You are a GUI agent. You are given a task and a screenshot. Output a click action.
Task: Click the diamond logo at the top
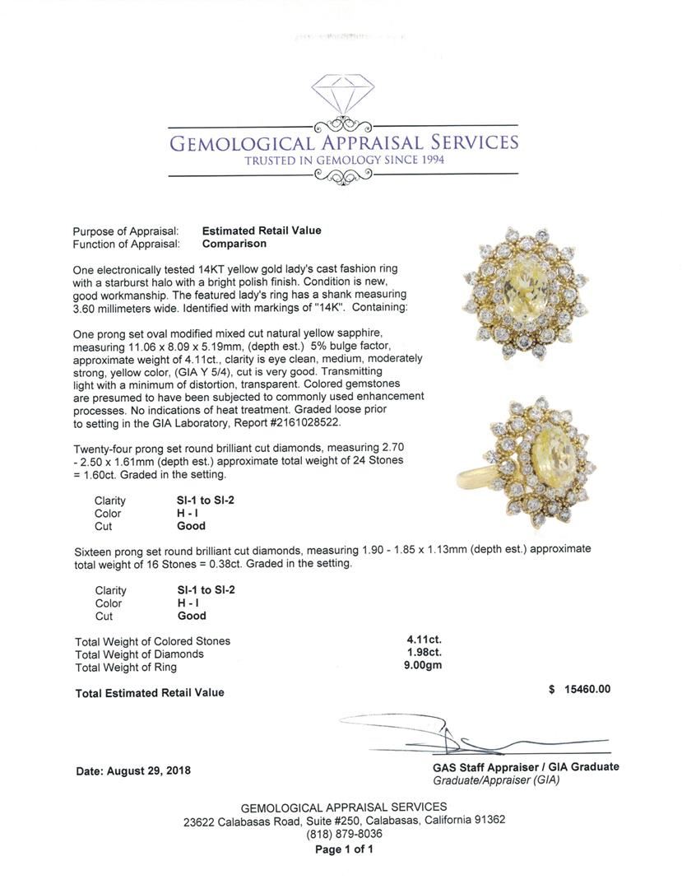click(x=343, y=93)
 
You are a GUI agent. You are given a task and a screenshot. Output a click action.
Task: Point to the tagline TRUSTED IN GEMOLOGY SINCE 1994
click(x=344, y=160)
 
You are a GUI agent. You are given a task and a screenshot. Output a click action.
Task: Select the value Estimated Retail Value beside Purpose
click(x=262, y=230)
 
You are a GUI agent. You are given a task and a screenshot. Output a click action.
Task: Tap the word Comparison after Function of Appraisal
click(x=234, y=244)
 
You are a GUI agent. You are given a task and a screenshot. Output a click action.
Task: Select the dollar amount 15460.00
click(x=586, y=690)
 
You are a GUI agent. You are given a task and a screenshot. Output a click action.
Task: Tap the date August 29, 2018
click(x=132, y=771)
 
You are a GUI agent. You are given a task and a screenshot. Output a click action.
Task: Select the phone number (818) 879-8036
click(x=344, y=833)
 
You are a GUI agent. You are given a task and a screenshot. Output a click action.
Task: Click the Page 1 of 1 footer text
click(x=344, y=849)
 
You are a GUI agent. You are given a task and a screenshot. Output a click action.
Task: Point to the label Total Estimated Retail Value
click(x=150, y=693)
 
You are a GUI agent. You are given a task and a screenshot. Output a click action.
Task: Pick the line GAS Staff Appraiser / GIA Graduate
click(x=526, y=766)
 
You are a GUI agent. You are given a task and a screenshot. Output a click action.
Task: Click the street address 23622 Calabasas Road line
click(x=344, y=820)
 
